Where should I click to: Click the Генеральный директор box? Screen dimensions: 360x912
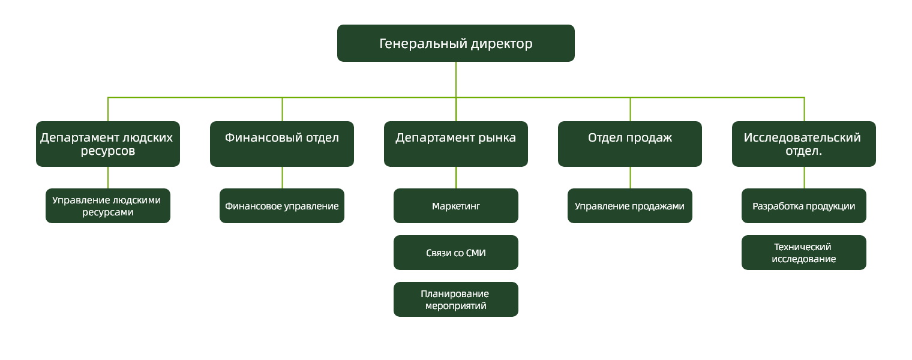455,43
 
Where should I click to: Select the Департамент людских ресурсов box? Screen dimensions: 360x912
108,144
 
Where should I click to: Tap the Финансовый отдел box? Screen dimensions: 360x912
282,144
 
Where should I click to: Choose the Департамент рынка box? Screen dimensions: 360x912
456,144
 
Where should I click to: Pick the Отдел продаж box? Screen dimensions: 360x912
630,144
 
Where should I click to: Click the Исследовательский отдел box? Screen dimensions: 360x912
804,144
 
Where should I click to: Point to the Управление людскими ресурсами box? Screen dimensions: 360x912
108,206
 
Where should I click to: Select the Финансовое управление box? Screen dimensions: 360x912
282,206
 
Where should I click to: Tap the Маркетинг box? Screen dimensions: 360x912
456,206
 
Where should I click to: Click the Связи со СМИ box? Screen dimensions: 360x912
456,253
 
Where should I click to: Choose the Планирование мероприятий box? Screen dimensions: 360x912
456,299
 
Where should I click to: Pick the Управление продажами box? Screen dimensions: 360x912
630,206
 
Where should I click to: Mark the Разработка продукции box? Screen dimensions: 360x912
804,206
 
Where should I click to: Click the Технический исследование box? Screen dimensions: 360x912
804,253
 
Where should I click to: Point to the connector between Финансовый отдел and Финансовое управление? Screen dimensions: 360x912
282,178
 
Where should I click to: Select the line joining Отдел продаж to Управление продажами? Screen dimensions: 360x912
630,178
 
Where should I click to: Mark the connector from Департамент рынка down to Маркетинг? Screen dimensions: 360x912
456,178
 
